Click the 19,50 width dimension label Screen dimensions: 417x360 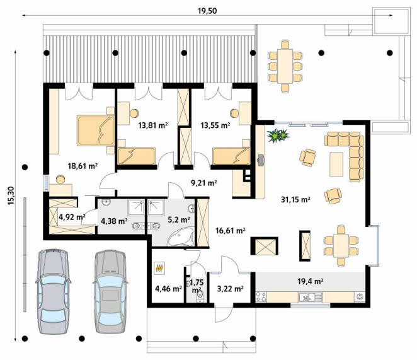(x=207, y=11)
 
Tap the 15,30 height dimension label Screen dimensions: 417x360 (x=11, y=195)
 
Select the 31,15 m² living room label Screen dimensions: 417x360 (x=295, y=199)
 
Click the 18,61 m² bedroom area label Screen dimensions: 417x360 (x=83, y=166)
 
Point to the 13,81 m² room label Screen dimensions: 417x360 (x=153, y=125)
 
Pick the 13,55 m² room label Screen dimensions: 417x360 (x=215, y=125)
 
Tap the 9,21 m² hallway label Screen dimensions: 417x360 (x=203, y=183)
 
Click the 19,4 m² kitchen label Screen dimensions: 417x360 (x=311, y=281)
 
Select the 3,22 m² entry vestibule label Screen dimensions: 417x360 (x=231, y=289)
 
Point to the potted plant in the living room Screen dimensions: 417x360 (x=278, y=136)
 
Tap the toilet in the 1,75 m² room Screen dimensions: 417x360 (x=200, y=296)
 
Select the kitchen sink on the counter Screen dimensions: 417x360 (x=310, y=297)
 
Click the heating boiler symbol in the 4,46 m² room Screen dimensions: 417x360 (x=159, y=268)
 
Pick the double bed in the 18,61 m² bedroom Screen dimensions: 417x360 (x=96, y=131)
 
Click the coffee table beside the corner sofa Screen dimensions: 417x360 (x=336, y=164)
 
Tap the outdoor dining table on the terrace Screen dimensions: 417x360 (x=285, y=66)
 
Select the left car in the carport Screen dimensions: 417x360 (x=54, y=291)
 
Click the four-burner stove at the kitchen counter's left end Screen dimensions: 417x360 (x=261, y=297)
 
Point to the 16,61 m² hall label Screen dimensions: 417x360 (x=231, y=231)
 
